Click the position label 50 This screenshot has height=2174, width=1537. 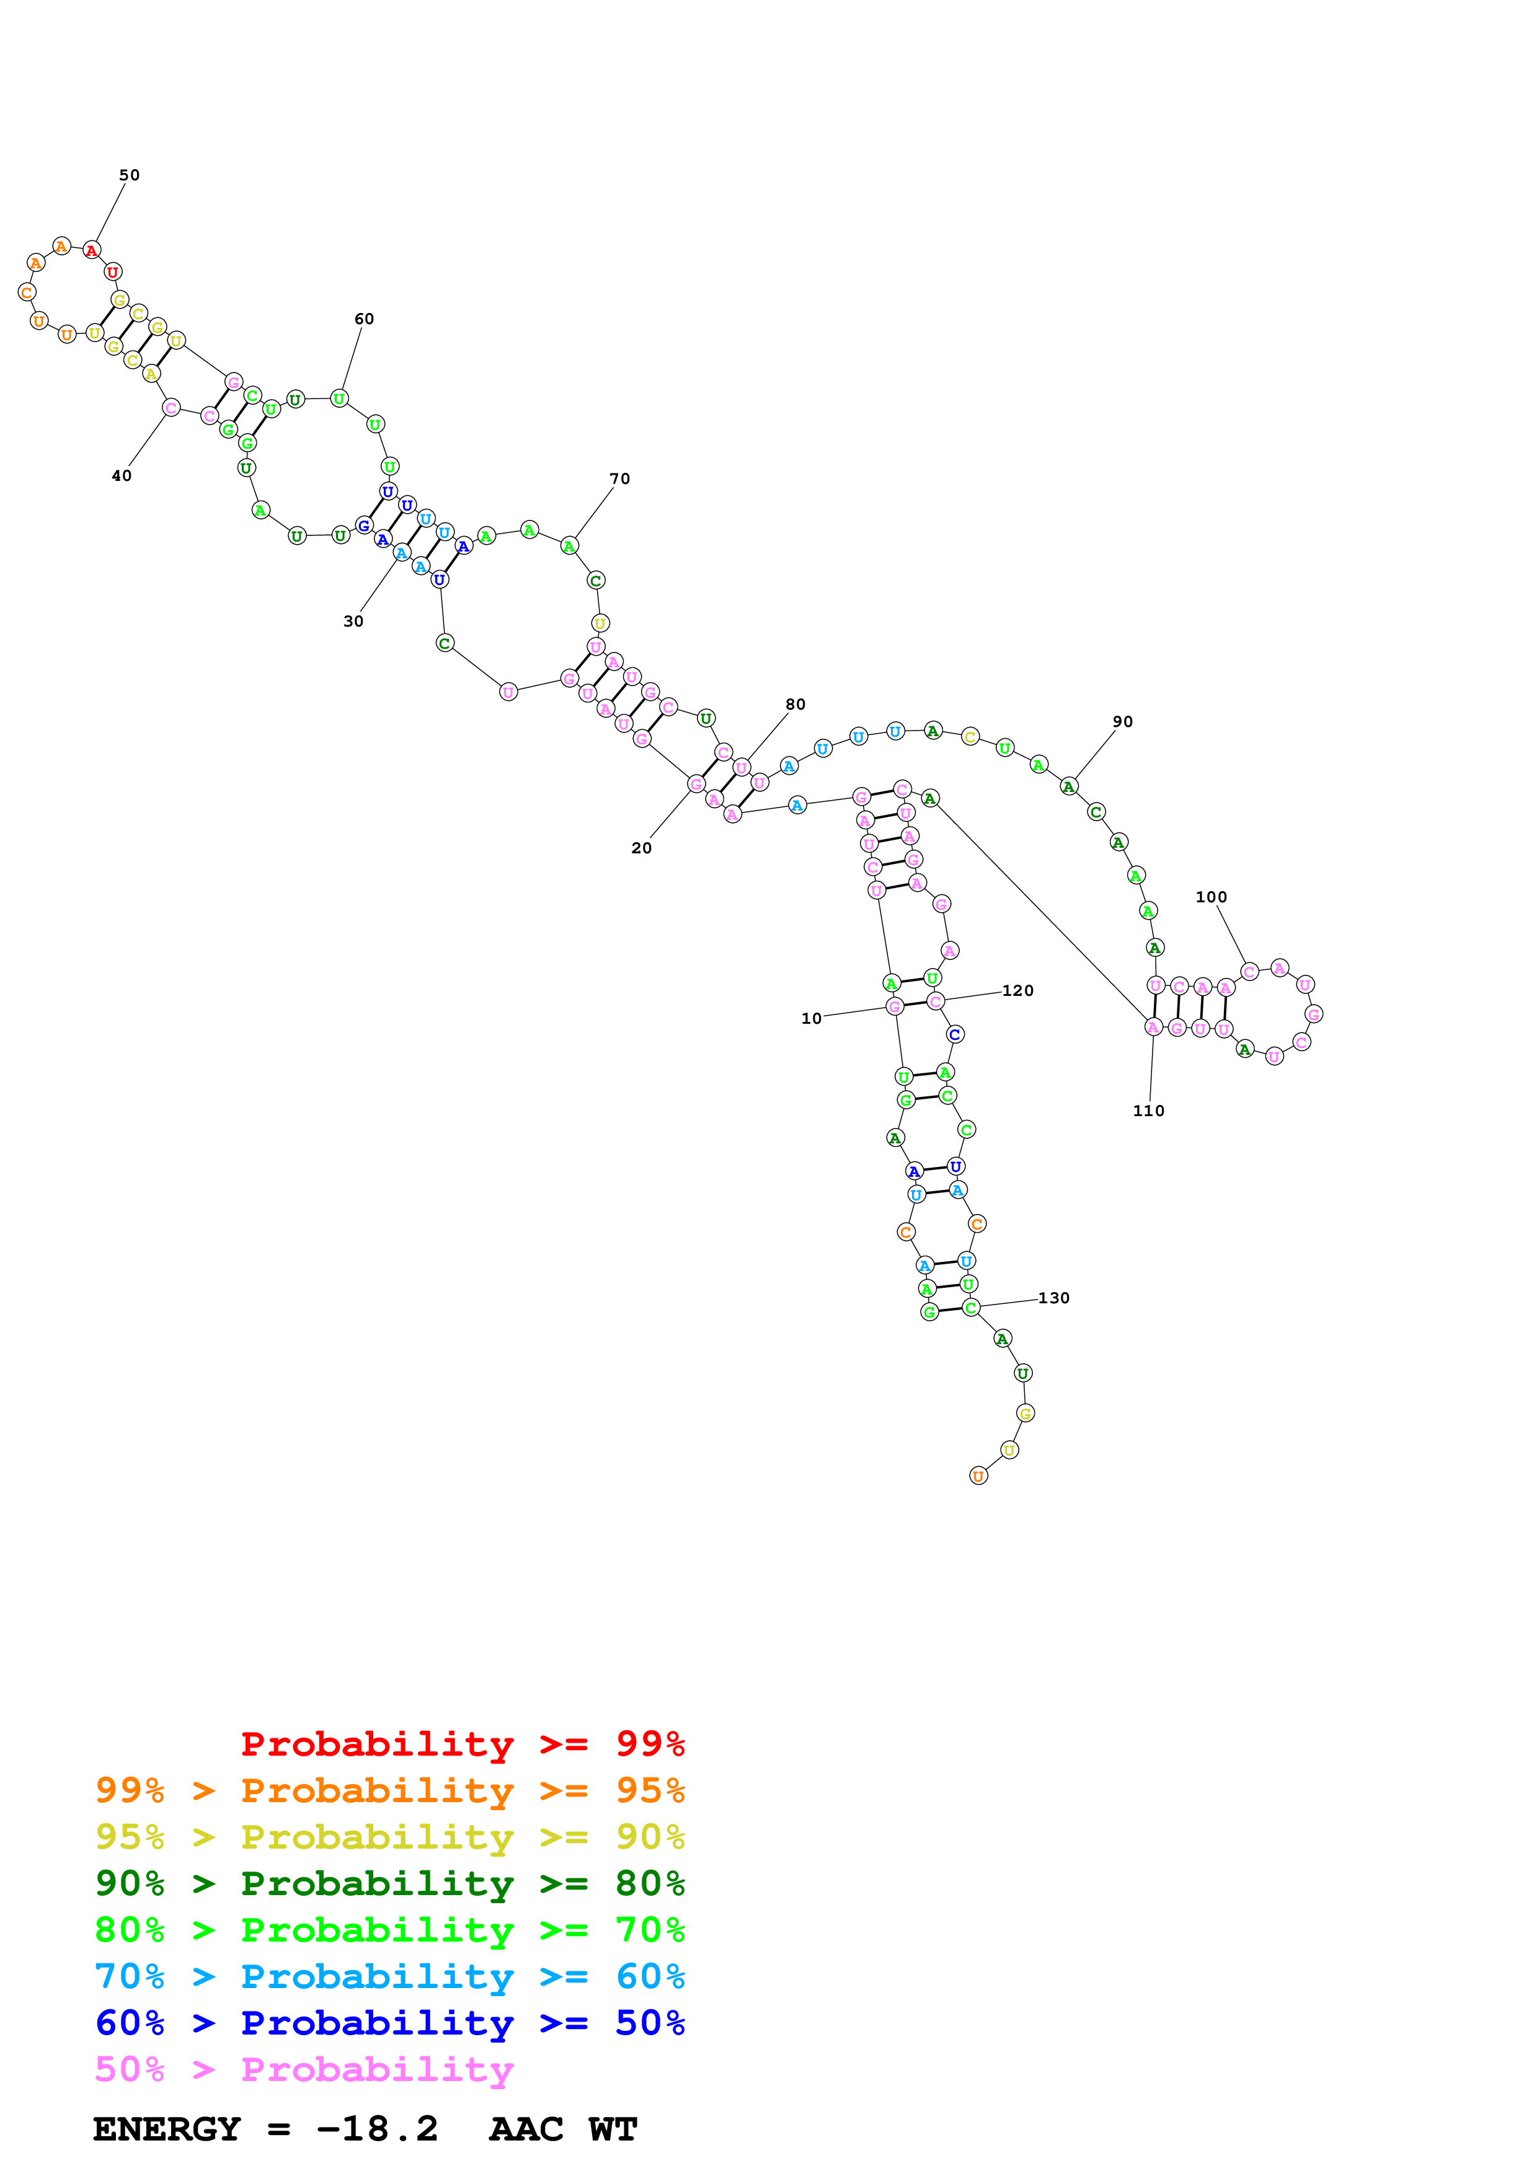(129, 175)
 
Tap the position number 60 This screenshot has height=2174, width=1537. (364, 319)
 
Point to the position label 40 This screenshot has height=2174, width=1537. (122, 475)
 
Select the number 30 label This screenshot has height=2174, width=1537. (352, 621)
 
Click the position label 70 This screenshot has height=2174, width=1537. (619, 479)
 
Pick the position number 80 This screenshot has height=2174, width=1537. (795, 705)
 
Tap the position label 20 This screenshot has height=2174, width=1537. (641, 848)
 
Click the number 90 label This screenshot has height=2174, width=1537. (1122, 721)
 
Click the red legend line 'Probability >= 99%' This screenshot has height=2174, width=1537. (462, 1744)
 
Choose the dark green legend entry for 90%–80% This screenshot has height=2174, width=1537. (389, 1883)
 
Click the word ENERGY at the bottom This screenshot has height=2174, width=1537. (167, 2129)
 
